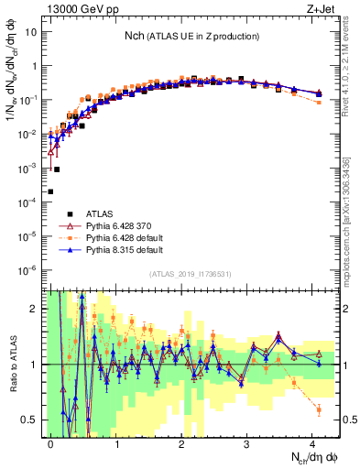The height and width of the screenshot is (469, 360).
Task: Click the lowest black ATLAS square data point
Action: (49, 191)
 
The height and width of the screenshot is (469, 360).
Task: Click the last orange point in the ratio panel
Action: (318, 409)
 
